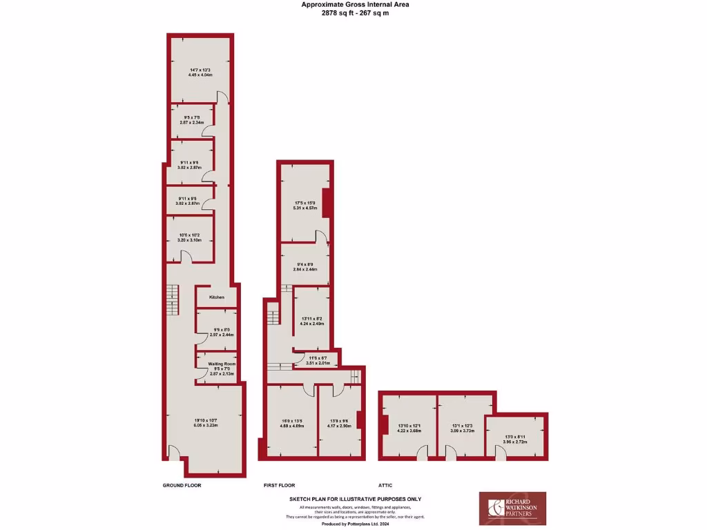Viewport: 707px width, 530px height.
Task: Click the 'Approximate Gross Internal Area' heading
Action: pyautogui.click(x=354, y=4)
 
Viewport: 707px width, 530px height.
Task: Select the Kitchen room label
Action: pyautogui.click(x=217, y=297)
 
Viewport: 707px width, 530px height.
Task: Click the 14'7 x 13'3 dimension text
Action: pyautogui.click(x=200, y=69)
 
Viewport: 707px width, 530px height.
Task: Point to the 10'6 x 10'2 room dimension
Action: pyautogui.click(x=188, y=235)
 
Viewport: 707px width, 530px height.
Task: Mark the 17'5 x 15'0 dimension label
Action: pyautogui.click(x=304, y=202)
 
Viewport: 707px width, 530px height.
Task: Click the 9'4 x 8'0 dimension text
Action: pyautogui.click(x=304, y=264)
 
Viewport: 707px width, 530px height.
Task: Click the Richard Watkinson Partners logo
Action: pyautogui.click(x=512, y=508)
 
